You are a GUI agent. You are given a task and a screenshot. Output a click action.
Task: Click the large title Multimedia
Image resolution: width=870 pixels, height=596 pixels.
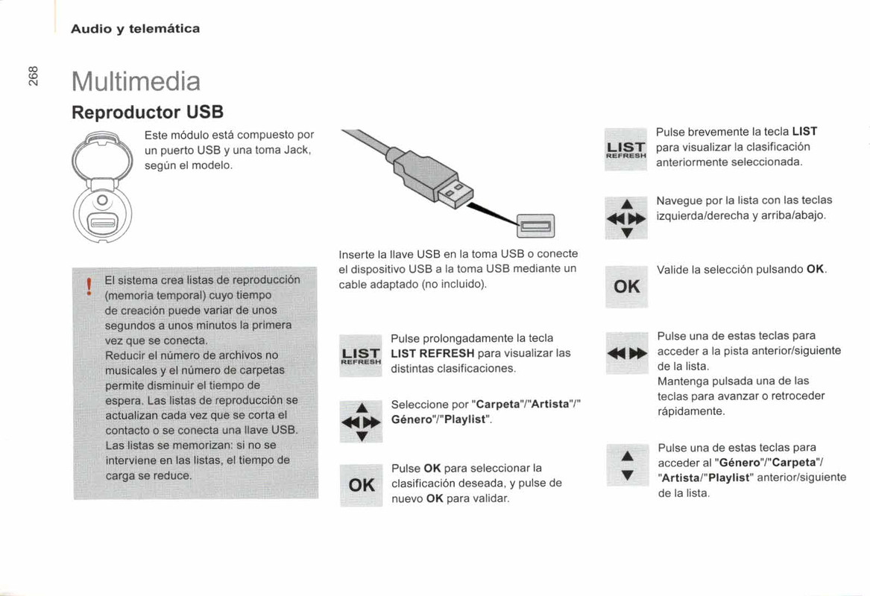pyautogui.click(x=136, y=80)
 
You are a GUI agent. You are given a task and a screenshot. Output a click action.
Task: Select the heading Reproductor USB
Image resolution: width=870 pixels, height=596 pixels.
pyautogui.click(x=148, y=112)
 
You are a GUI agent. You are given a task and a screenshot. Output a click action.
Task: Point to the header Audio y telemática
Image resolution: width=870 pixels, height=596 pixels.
pyautogui.click(x=135, y=29)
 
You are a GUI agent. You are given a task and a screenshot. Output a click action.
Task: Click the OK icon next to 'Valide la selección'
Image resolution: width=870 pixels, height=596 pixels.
pyautogui.click(x=626, y=286)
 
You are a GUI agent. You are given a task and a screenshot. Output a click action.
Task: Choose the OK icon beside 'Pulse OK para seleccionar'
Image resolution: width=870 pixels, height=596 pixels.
pyautogui.click(x=361, y=485)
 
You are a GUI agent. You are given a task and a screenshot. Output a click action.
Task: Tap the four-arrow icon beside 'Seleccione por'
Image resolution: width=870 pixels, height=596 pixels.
pyautogui.click(x=361, y=422)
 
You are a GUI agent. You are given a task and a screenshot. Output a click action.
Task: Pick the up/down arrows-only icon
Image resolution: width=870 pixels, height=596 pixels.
pyautogui.click(x=627, y=464)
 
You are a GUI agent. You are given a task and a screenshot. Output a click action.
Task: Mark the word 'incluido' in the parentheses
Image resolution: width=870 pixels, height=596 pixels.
pyautogui.click(x=461, y=285)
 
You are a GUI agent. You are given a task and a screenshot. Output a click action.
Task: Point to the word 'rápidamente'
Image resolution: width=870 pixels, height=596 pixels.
pyautogui.click(x=691, y=410)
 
